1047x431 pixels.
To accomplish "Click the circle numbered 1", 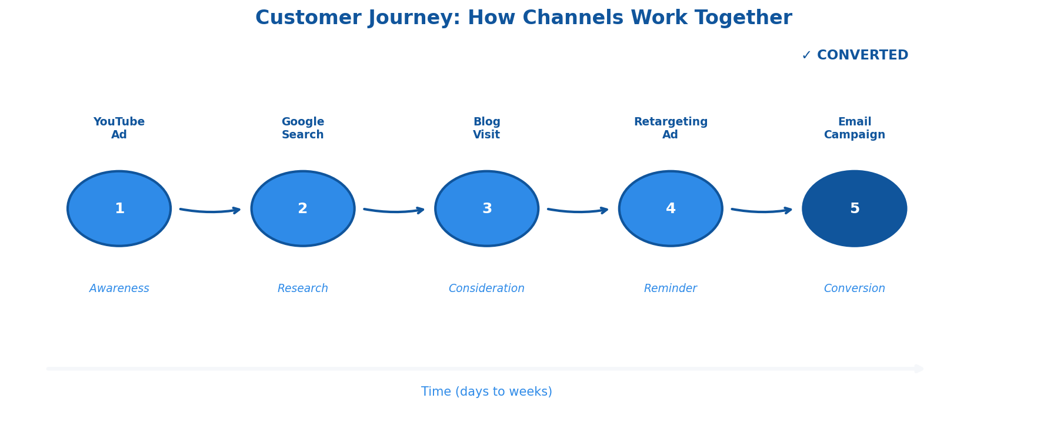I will point(119,208).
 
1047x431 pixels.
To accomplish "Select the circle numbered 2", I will point(303,208).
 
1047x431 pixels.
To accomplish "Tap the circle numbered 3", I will point(487,208).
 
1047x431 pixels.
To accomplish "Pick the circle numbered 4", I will point(671,208).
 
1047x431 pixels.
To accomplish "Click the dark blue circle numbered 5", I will point(855,208).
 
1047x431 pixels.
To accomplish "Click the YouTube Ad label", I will point(119,128).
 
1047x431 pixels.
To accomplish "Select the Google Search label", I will point(303,128).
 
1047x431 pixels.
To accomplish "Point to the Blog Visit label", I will point(487,128).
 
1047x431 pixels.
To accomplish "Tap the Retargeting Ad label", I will point(671,128).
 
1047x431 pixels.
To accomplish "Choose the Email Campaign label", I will point(855,128).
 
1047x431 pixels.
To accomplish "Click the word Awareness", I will point(119,289).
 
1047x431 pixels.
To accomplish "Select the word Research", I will point(303,289).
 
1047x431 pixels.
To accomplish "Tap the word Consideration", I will point(487,289).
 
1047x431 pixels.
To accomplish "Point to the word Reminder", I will point(671,289).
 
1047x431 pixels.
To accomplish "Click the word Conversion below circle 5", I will point(855,289).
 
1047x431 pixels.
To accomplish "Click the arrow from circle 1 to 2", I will point(211,211).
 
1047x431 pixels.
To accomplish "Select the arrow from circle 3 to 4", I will point(578,211).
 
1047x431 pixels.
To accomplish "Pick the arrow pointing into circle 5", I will point(762,211).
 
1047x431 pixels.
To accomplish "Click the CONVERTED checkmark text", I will point(855,55).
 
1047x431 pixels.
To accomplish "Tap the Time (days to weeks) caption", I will point(487,392).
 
